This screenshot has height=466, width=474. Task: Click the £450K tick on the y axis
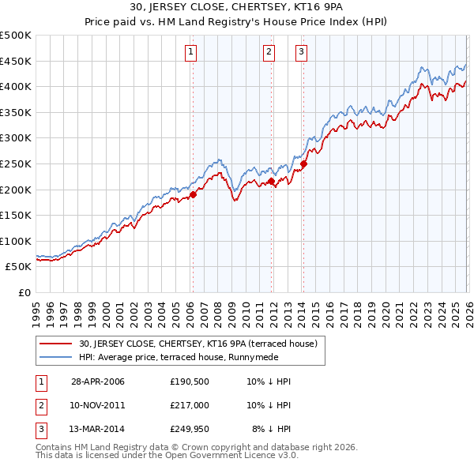coord(16,61)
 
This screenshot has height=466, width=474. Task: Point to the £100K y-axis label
coord(16,241)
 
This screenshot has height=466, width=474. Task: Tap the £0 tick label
coord(24,292)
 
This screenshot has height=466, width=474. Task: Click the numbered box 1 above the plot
coord(192,52)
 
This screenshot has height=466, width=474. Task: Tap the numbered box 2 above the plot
coord(269,52)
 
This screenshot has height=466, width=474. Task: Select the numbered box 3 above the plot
coord(302,52)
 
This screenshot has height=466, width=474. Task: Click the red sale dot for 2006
coord(193,194)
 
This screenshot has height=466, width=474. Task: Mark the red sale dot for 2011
coord(271,181)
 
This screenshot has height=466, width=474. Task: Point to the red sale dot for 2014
coord(303,164)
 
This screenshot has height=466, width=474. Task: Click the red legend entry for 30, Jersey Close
coord(197,344)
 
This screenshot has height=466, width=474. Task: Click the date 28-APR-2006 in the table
coord(98,381)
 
